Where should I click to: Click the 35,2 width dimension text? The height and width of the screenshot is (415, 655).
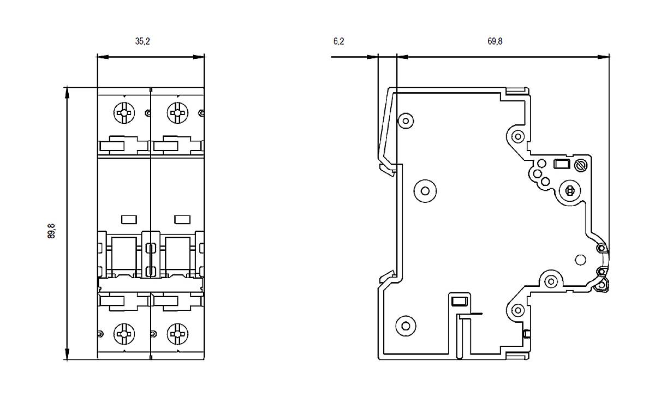click(x=142, y=41)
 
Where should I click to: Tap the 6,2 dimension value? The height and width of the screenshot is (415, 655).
click(x=338, y=41)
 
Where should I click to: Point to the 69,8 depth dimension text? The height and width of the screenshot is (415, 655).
click(x=495, y=41)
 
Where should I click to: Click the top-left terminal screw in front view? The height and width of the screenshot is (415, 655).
click(x=124, y=113)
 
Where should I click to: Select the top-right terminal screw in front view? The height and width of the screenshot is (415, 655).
click(x=177, y=113)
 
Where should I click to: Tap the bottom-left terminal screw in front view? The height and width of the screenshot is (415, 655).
click(x=124, y=333)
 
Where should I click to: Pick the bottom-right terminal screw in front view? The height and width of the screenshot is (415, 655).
click(x=177, y=333)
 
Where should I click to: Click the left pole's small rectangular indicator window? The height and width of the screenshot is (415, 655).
click(x=128, y=219)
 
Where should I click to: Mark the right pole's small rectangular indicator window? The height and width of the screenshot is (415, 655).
click(x=181, y=219)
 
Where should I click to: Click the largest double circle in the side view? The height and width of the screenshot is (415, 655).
click(x=425, y=190)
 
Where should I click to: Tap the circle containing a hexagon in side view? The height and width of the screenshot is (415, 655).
click(x=570, y=190)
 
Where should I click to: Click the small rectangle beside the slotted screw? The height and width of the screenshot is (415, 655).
click(x=561, y=164)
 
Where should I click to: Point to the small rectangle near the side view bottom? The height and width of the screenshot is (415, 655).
click(x=459, y=300)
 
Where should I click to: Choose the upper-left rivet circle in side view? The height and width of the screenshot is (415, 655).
click(x=405, y=119)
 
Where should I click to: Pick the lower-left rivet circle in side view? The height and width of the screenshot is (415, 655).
click(x=405, y=326)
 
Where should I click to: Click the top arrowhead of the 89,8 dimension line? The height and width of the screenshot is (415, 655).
click(x=67, y=91)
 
